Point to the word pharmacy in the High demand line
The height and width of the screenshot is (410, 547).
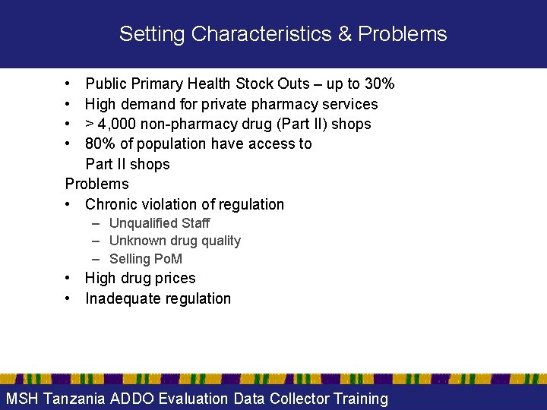[x=286, y=104]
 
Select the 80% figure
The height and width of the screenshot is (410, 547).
[x=100, y=143]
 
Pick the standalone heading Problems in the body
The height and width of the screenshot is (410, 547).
[x=97, y=184]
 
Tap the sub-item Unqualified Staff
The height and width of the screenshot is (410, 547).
[x=160, y=223]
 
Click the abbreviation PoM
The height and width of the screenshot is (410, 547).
[x=168, y=259]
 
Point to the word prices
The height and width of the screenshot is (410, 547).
[x=174, y=278]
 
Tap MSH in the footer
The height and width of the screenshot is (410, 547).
[x=23, y=399]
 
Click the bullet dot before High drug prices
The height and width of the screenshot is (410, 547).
[x=68, y=279]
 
